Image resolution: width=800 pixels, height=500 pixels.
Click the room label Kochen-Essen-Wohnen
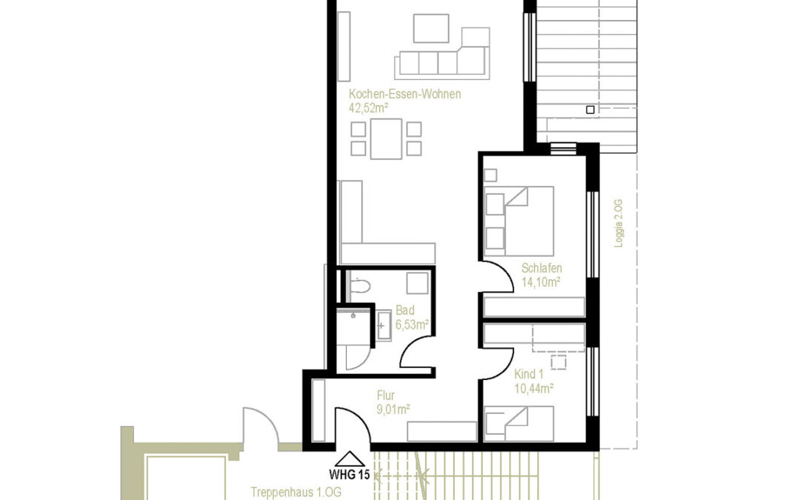click(404, 94)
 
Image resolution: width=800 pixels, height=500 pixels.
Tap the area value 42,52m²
click(369, 107)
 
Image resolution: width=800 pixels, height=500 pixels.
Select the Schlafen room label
click(541, 268)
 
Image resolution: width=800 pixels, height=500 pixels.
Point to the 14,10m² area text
click(541, 281)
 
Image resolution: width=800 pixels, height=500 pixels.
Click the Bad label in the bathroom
click(405, 310)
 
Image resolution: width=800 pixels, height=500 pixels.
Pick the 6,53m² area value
click(413, 324)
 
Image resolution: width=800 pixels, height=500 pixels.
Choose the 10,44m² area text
click(534, 387)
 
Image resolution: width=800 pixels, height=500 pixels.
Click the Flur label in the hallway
click(385, 395)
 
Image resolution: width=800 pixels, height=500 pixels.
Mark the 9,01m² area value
click(393, 408)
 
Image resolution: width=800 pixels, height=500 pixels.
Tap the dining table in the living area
click(386, 139)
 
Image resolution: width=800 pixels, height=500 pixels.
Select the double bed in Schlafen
click(519, 217)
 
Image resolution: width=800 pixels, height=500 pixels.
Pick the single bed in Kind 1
click(519, 423)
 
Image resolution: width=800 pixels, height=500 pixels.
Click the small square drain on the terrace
click(590, 110)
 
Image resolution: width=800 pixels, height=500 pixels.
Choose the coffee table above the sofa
click(431, 29)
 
